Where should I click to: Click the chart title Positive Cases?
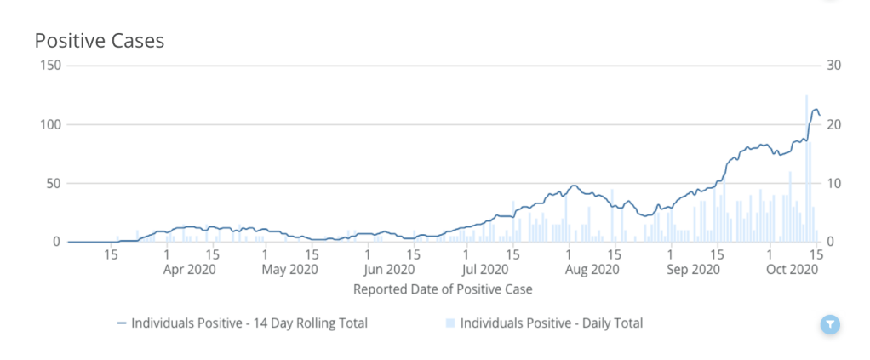100,40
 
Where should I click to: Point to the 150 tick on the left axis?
51,66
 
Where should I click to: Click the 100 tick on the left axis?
51,124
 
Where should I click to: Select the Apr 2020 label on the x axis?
189,270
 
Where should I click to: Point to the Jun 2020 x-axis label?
389,270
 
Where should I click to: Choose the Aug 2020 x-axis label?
592,270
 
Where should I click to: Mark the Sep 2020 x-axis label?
694,270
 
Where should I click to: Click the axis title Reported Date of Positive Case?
443,289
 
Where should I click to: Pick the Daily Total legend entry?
550,323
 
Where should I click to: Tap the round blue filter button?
831,324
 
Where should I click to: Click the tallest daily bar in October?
806,170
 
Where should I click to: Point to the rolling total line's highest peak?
815,110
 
